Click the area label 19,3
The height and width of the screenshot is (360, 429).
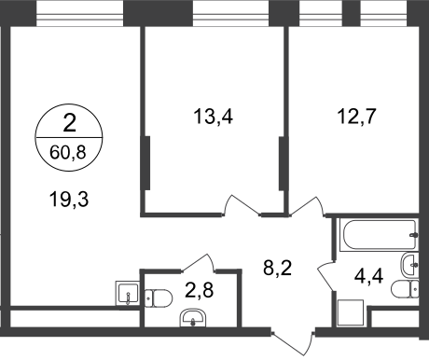(x=69, y=200)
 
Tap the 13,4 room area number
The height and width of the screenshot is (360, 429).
(x=214, y=117)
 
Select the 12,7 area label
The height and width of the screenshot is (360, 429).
(x=357, y=117)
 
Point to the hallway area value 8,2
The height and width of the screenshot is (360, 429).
(x=277, y=268)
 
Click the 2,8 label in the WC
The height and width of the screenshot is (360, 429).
(x=199, y=290)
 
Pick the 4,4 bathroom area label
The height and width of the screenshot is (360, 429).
(x=368, y=275)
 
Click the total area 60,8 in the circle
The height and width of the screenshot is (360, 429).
(x=68, y=153)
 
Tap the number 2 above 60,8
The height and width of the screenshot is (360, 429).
(x=69, y=123)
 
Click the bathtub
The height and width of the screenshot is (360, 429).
(x=379, y=235)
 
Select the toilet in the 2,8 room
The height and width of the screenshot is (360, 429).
(x=159, y=298)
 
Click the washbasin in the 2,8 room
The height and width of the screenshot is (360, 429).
(x=193, y=318)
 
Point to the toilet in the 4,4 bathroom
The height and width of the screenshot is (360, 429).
(x=405, y=289)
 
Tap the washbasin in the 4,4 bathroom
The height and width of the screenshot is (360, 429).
(x=409, y=265)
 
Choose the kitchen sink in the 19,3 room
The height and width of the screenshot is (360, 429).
(x=127, y=293)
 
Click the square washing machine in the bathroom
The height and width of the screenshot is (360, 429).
(x=351, y=312)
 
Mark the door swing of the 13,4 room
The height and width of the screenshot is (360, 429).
(x=242, y=204)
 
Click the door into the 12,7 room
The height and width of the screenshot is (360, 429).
(x=307, y=206)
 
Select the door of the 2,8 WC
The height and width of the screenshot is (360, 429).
(x=199, y=263)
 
